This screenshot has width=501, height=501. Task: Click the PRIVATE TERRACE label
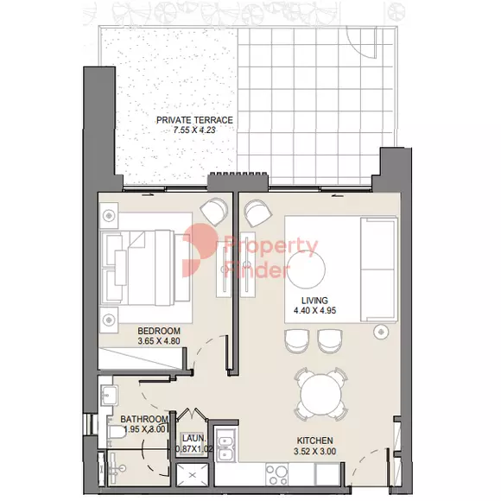194,120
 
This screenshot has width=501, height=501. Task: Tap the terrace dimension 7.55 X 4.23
194,130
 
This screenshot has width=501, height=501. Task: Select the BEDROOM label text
159,331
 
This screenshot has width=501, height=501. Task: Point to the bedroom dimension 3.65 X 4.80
159,341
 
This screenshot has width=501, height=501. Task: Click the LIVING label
314,301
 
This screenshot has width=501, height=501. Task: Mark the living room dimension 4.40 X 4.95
314,310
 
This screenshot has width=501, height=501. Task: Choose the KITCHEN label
315,441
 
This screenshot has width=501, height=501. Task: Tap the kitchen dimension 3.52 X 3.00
314,451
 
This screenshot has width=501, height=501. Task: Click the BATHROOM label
144,419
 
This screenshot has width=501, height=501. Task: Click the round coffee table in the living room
307,268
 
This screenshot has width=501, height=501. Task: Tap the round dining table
320,395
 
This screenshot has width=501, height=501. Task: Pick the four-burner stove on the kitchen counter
276,475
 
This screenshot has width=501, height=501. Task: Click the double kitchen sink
226,445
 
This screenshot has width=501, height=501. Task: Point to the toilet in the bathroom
114,432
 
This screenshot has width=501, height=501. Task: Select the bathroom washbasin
108,395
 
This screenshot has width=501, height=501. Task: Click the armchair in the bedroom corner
214,211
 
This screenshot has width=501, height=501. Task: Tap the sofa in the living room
379,269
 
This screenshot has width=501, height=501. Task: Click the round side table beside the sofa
381,332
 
